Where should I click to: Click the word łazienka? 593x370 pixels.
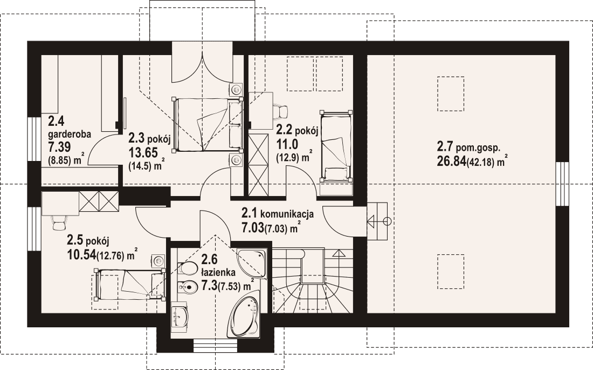(x=218, y=272)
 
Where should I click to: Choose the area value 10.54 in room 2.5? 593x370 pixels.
(x=80, y=254)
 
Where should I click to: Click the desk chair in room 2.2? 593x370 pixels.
(x=281, y=112)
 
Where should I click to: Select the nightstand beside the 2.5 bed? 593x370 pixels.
(x=158, y=261)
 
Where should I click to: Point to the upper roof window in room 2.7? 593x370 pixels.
(x=450, y=94)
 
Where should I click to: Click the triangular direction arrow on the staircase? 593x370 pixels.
(x=339, y=252)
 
